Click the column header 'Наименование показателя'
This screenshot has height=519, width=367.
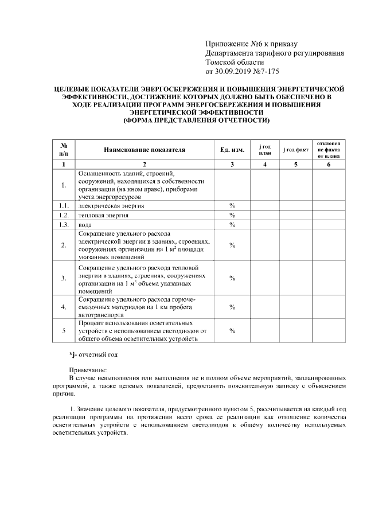click(x=145, y=150)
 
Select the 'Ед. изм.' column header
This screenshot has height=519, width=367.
click(x=232, y=150)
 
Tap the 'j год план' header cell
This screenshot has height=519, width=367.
click(x=265, y=150)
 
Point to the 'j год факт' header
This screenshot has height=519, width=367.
click(x=296, y=150)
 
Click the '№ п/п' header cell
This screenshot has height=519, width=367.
click(x=64, y=150)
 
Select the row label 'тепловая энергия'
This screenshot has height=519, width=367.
click(x=103, y=215)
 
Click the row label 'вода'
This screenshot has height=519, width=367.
click(x=85, y=225)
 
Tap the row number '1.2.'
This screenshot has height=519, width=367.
click(x=64, y=215)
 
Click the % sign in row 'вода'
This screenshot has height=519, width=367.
click(x=232, y=225)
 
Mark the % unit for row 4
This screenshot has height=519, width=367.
click(x=232, y=307)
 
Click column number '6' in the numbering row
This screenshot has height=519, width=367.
click(x=329, y=165)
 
